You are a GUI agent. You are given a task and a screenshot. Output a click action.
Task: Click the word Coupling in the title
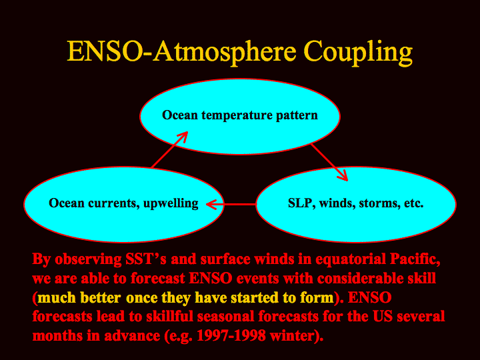coord(358,53)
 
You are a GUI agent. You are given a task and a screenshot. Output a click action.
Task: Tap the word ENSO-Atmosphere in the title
coord(181,51)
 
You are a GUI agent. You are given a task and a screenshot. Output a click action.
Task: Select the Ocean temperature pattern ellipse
coord(240,117)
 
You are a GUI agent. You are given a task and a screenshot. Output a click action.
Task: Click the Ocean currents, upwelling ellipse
coord(124,204)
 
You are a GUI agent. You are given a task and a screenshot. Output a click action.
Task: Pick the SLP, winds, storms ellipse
coord(356,204)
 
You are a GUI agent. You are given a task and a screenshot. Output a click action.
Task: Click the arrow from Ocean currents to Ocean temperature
coord(169,150)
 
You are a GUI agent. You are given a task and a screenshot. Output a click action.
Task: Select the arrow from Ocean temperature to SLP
coord(329,162)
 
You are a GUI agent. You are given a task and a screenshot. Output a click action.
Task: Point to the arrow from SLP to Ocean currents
coord(231,204)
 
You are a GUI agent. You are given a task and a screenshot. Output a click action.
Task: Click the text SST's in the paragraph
coord(146,259)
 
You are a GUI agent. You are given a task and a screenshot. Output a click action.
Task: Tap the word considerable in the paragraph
coord(360,278)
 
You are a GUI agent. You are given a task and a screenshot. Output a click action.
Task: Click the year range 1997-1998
coord(231,335)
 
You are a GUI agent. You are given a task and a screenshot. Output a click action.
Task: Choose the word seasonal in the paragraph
coord(226,317)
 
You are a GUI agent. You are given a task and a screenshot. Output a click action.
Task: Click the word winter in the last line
coord(293,335)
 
